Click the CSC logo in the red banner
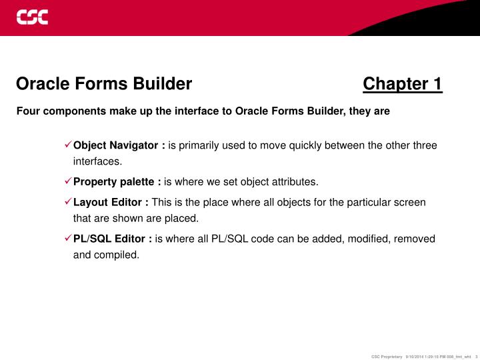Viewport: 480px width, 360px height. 33,17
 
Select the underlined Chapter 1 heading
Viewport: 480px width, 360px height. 402,84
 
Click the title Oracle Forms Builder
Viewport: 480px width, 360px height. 104,84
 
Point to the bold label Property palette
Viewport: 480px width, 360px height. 117,181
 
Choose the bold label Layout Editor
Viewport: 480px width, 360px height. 111,202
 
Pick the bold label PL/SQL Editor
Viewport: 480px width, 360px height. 113,238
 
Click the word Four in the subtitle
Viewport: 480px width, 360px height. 27,111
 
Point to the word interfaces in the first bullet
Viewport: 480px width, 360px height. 97,161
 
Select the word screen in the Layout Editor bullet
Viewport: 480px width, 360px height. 410,202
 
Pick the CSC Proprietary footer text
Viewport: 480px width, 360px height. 387,355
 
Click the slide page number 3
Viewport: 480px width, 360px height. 477,355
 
